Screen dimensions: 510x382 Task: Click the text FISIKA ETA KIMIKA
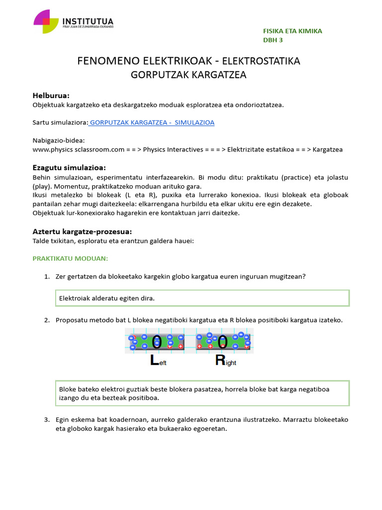(x=292, y=31)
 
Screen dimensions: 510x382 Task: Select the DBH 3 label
(x=273, y=40)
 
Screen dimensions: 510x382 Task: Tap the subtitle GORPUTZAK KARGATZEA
(x=189, y=75)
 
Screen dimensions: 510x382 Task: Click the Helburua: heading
(x=51, y=95)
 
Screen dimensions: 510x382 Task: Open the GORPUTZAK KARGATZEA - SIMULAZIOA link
(x=151, y=123)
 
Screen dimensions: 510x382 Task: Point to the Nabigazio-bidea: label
(x=59, y=140)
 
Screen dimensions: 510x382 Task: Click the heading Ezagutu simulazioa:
(x=69, y=167)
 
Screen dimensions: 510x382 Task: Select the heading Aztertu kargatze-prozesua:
(x=82, y=232)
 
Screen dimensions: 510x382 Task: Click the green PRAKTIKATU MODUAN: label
(x=70, y=258)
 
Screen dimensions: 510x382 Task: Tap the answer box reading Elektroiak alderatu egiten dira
(x=202, y=298)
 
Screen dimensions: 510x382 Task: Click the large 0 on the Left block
(x=157, y=342)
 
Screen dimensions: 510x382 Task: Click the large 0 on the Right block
(x=223, y=342)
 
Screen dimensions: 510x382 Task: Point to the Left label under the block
(x=158, y=361)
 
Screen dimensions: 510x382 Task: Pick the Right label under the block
(x=225, y=361)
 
